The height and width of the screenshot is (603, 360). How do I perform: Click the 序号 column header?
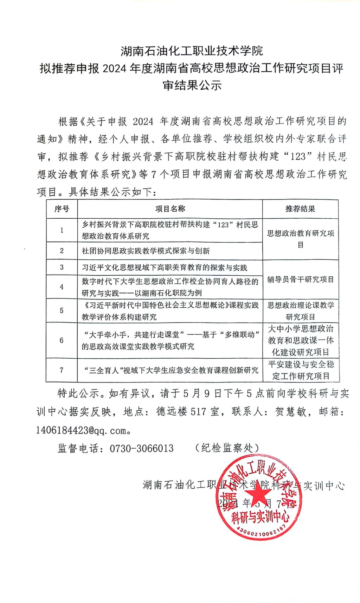tap(62, 209)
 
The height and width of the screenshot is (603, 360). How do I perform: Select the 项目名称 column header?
tap(170, 209)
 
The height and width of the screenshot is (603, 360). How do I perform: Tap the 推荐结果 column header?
tap(300, 209)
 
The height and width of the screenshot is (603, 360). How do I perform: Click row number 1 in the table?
tap(62, 230)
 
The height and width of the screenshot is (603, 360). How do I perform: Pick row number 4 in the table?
tap(62, 287)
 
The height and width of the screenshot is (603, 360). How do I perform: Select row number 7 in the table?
tap(62, 370)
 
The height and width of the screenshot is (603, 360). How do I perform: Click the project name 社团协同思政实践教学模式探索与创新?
tap(146, 251)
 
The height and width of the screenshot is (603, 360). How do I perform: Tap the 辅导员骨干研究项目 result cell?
tap(300, 280)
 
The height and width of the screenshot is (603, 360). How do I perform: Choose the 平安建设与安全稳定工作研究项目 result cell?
tap(301, 370)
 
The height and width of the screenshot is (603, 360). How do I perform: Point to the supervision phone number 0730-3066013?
tap(142, 448)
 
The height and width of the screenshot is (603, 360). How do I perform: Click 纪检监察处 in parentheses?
tap(227, 448)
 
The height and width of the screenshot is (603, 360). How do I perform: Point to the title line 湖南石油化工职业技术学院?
tap(192, 51)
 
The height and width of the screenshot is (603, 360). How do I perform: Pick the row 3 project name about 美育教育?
tap(164, 268)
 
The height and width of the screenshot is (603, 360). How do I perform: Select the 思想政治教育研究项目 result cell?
tap(300, 239)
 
